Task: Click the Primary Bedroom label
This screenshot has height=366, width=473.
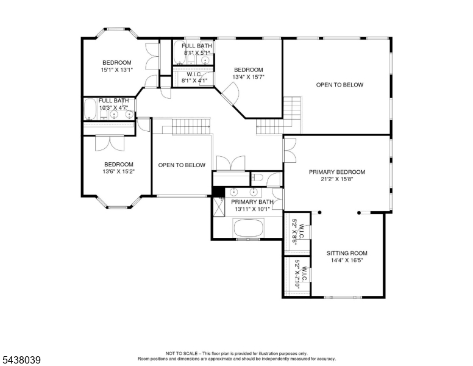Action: click(x=337, y=172)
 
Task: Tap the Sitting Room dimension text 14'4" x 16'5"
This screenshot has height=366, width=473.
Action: click(x=347, y=260)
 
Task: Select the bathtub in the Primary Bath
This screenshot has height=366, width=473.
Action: click(x=249, y=228)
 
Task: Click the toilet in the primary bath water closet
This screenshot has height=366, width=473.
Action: click(x=258, y=178)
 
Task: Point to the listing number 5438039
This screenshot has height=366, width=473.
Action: click(x=21, y=360)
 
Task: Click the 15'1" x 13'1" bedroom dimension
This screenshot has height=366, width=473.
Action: click(x=117, y=70)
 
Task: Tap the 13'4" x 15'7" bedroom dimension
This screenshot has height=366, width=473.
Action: click(x=248, y=77)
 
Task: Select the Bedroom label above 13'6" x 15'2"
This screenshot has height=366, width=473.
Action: click(x=118, y=164)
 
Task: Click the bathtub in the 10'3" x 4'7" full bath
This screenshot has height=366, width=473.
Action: click(x=89, y=109)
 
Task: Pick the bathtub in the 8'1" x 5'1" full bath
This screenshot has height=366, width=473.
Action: click(x=179, y=53)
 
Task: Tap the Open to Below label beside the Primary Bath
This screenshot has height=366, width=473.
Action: click(x=182, y=165)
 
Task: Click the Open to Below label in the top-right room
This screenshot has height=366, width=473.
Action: click(x=340, y=85)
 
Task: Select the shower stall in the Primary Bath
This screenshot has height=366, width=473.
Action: click(x=219, y=207)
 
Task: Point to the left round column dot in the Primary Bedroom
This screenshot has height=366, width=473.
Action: click(x=319, y=212)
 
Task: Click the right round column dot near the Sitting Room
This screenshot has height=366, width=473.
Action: click(x=359, y=213)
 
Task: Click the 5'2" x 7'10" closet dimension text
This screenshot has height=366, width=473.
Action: click(x=297, y=274)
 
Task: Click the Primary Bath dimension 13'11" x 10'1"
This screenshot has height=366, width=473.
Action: click(x=252, y=209)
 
